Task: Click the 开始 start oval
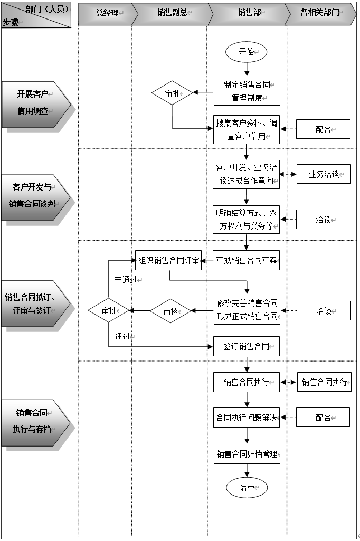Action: point(246,52)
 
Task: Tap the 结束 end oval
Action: point(247,488)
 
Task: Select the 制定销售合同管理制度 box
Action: point(247,91)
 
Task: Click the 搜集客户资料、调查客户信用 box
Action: point(247,129)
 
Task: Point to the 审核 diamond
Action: point(170,311)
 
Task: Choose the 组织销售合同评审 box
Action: point(168,260)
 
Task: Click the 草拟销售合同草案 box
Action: point(247,260)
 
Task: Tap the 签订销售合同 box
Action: point(247,347)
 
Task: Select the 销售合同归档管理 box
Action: point(247,454)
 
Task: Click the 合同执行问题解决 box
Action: point(247,417)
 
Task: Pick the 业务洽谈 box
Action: point(324,174)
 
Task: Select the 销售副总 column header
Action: point(172,13)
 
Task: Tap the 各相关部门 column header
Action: point(320,13)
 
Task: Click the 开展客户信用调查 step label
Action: point(35,103)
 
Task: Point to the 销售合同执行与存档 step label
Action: point(35,421)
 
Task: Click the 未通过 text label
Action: point(126,280)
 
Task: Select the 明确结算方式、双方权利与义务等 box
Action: point(247,220)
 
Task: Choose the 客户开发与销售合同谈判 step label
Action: point(35,195)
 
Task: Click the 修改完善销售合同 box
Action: point(247,310)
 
